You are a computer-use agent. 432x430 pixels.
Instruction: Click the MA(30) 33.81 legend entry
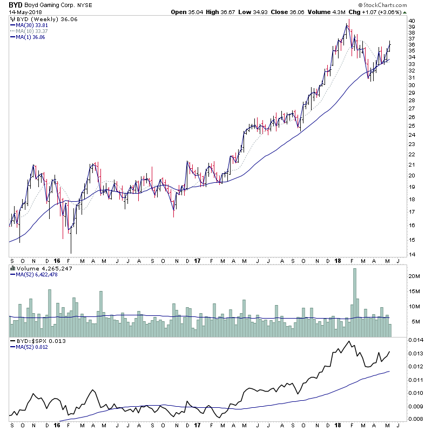pos(33,25)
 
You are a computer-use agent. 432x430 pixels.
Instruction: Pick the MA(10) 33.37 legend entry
pos(33,31)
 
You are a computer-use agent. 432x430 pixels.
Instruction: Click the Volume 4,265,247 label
pos(37,268)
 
